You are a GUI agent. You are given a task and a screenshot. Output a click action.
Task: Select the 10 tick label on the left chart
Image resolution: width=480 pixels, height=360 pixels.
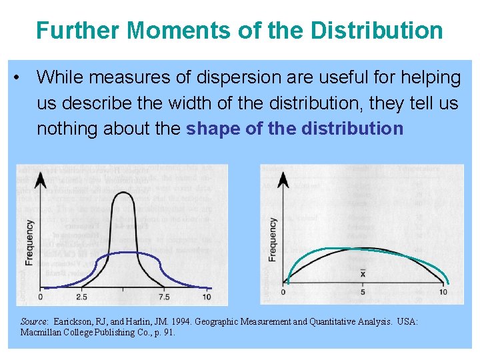[x=207, y=297]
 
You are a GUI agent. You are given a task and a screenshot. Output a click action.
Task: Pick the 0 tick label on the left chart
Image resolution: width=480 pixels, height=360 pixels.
[x=41, y=297]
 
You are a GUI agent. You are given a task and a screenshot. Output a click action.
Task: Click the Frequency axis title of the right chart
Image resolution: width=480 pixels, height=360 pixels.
[x=273, y=239]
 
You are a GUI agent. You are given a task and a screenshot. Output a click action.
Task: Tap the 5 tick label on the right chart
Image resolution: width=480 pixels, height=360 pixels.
[x=363, y=291]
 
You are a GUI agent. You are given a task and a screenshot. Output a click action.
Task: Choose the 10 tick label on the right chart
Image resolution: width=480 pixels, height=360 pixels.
[x=443, y=291]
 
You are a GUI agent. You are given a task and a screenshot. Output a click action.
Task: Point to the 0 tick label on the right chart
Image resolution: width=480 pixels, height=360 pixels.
[x=283, y=291]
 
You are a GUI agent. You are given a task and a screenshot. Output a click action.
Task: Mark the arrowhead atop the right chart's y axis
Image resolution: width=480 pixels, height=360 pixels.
[x=283, y=179]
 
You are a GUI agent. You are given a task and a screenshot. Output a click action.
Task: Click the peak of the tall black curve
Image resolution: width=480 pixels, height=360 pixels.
[x=123, y=193]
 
